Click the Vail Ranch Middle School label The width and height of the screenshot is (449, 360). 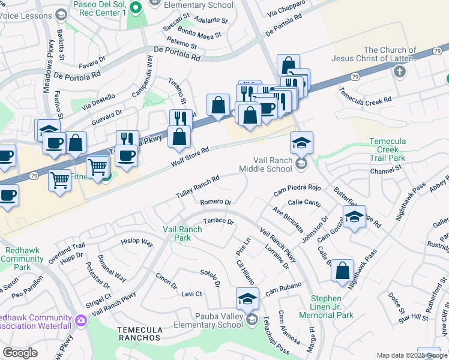273,165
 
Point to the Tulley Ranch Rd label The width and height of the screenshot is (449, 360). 197,187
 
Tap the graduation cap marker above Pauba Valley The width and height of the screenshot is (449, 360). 247,298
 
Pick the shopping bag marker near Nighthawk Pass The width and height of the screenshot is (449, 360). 342,270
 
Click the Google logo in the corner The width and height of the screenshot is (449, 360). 20,353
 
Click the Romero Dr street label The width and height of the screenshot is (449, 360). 215,202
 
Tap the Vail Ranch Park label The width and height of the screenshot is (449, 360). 177,233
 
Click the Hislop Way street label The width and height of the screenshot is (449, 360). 137,242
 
